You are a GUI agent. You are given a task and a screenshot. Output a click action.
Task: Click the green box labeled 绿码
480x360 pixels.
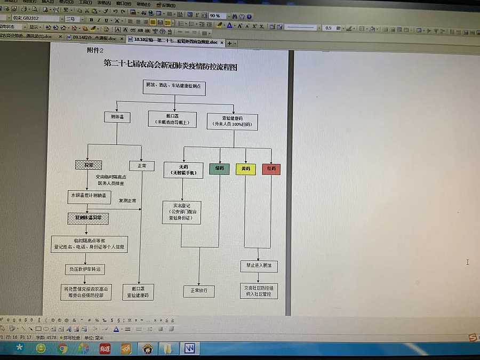tap(219, 169)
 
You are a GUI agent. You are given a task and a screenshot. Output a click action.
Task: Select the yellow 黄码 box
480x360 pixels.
tap(245, 170)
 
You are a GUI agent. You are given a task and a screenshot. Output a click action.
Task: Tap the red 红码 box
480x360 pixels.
tap(271, 170)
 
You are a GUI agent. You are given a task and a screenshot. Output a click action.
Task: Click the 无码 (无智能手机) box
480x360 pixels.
tap(183, 170)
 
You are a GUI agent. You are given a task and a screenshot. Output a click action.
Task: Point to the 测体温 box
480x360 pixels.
tap(117, 117)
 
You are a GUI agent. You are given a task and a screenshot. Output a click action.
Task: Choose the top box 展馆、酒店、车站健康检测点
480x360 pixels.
tap(174, 87)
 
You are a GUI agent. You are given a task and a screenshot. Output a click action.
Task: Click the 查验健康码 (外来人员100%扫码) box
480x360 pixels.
tap(232, 121)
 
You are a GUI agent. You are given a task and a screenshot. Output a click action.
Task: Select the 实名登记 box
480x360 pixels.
tap(181, 212)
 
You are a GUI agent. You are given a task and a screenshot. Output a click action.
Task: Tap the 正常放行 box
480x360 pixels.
tap(199, 291)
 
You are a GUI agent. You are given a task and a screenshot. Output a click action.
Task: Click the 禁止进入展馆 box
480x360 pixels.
tap(259, 265)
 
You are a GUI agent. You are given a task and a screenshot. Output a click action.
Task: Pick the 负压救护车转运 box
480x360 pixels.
tap(84, 269)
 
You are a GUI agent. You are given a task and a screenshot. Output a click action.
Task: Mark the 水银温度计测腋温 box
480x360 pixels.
tap(89, 196)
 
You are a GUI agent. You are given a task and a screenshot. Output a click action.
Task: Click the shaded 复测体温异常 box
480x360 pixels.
tap(88, 218)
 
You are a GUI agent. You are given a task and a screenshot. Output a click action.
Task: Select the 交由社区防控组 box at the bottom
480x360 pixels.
tap(259, 291)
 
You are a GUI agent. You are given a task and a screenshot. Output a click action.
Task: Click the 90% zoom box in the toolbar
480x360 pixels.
tap(216, 16)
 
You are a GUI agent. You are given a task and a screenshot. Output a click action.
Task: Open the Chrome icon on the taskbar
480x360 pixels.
tap(62, 349)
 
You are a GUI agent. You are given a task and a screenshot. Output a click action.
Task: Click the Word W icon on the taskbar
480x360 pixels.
tap(189, 349)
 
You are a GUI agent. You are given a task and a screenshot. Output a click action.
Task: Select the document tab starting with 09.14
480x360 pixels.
tap(93, 38)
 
